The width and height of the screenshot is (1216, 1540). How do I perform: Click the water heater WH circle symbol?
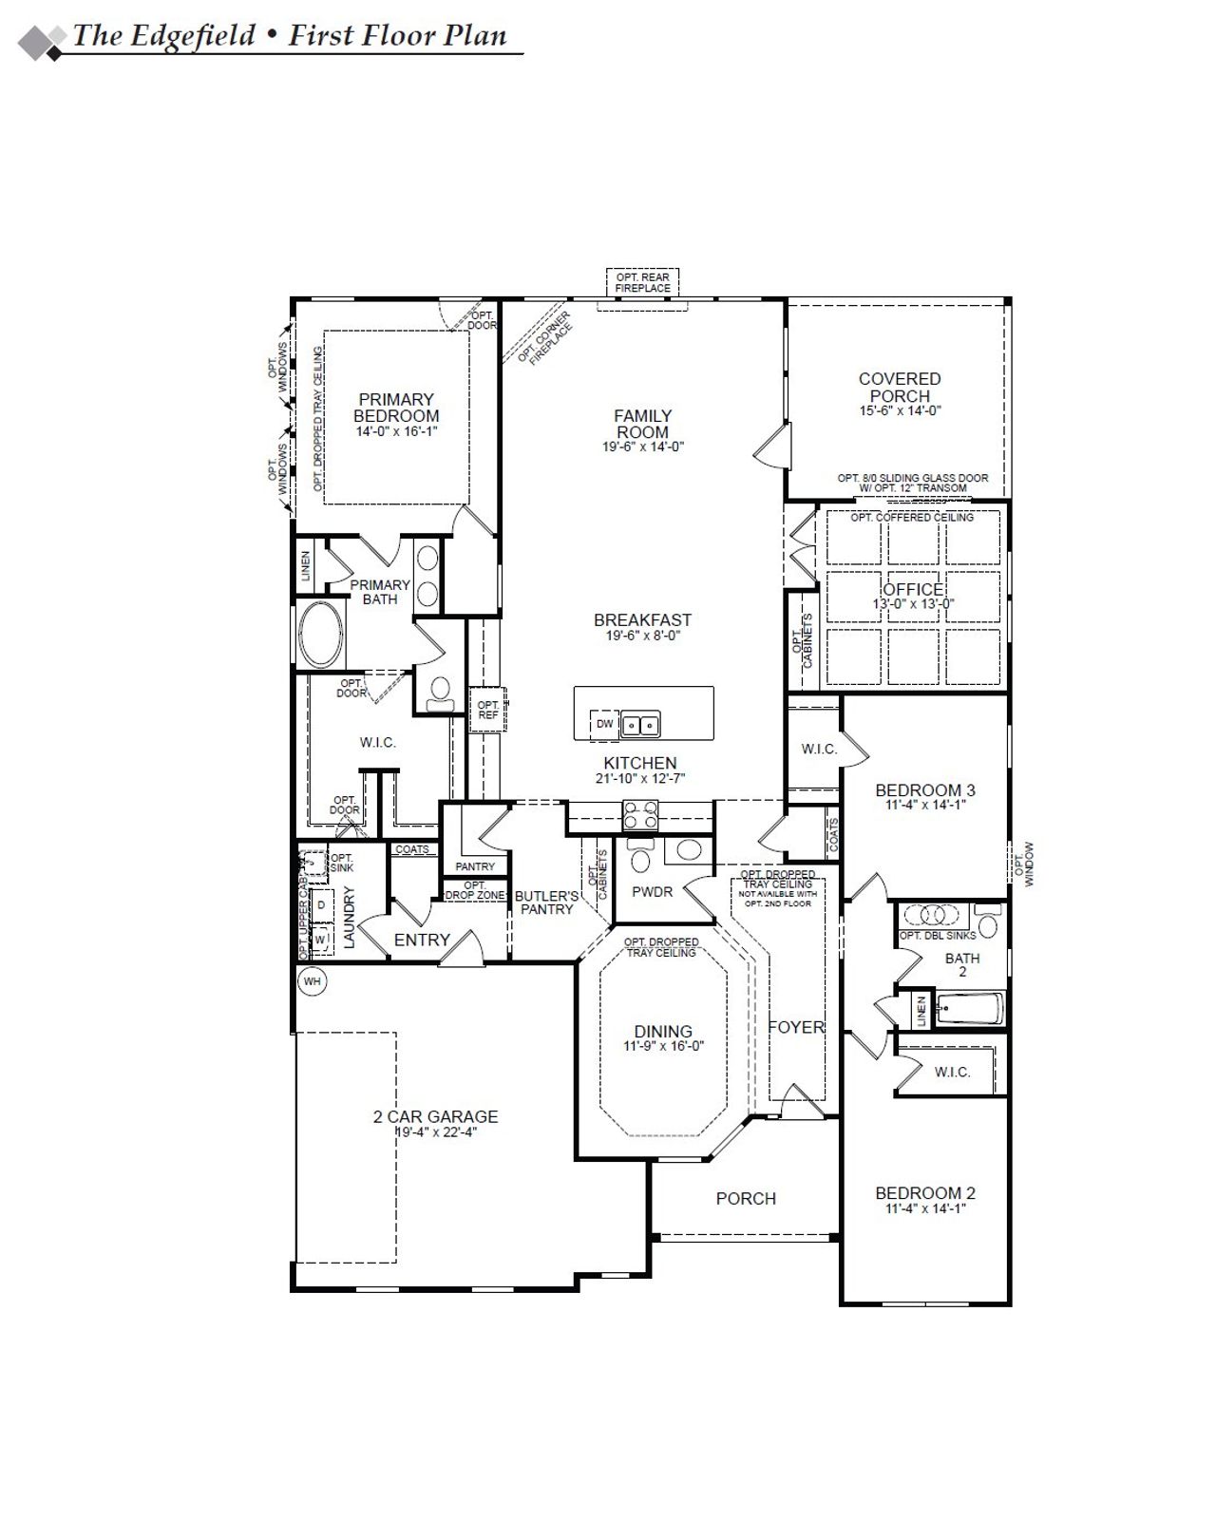[x=312, y=981]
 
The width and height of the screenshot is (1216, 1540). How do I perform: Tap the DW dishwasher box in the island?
[x=605, y=724]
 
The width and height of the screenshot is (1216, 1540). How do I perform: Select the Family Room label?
[x=642, y=424]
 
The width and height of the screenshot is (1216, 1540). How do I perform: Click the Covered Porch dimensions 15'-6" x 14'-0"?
[x=900, y=411]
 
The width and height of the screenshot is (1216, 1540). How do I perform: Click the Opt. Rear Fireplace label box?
[x=642, y=282]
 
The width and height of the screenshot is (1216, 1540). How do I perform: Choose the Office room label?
[x=913, y=589]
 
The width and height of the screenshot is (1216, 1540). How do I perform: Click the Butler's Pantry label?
[x=546, y=903]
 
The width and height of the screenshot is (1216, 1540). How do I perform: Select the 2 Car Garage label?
[x=435, y=1117]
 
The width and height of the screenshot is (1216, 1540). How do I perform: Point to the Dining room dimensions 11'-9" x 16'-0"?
[x=663, y=1046]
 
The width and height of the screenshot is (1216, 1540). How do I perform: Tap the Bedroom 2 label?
[x=925, y=1193]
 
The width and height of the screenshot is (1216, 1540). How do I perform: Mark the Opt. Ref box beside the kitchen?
[x=487, y=710]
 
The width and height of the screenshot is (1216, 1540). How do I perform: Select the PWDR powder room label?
[x=652, y=892]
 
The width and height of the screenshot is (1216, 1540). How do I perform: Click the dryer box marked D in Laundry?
[x=321, y=905]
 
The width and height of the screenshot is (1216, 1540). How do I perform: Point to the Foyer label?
[x=796, y=1027]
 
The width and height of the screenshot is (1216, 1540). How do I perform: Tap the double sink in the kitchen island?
[x=640, y=725]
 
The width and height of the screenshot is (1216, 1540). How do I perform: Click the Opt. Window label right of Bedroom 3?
[x=1024, y=864]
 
